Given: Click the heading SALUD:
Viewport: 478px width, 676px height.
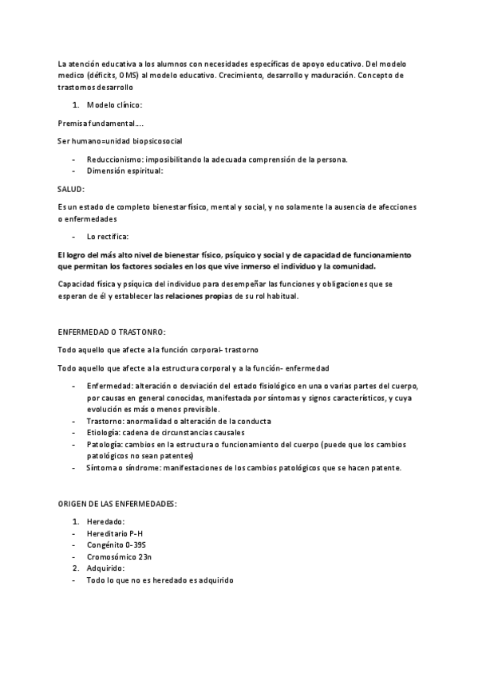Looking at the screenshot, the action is pyautogui.click(x=71, y=188).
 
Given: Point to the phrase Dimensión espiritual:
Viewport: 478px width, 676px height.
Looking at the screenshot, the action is pyautogui.click(x=124, y=170).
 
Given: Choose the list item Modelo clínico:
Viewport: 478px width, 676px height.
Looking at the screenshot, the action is pyautogui.click(x=115, y=104).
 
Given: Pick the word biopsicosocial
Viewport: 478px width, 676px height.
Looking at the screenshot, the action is pyautogui.click(x=155, y=140).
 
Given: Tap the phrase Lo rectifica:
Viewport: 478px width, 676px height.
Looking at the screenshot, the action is pyautogui.click(x=108, y=236).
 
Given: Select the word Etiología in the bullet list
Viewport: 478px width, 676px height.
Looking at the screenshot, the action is pyautogui.click(x=105, y=432).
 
